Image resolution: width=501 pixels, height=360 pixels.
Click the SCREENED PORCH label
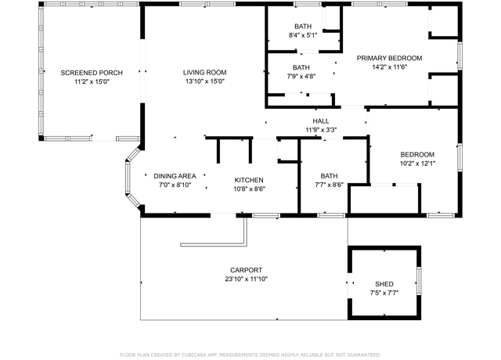click(x=92, y=73)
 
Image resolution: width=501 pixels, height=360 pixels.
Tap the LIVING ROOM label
click(x=205, y=73)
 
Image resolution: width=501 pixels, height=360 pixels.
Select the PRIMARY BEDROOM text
click(x=390, y=58)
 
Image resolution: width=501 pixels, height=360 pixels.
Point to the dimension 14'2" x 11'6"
click(x=390, y=67)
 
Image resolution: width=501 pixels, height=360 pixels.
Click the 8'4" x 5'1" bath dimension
click(x=303, y=35)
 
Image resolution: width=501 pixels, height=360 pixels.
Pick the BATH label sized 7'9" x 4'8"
click(x=301, y=67)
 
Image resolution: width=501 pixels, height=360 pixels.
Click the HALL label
click(x=321, y=121)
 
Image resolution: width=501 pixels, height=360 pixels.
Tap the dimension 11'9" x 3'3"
click(x=321, y=130)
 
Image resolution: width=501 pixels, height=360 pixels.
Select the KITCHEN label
click(x=249, y=180)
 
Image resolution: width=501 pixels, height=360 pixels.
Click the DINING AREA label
click(x=175, y=176)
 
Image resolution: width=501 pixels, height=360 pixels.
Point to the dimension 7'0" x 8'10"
click(x=175, y=185)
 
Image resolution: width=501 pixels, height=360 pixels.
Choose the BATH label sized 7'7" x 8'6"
click(x=329, y=176)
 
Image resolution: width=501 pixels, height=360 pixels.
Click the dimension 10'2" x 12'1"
click(x=417, y=164)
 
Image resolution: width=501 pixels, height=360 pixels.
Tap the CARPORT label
click(x=246, y=270)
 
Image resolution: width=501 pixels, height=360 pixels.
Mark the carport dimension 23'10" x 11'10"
click(x=246, y=279)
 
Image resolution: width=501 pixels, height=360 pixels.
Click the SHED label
click(x=384, y=284)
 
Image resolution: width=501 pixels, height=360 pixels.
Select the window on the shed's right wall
click(x=419, y=281)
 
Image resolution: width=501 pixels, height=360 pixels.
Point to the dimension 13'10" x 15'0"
click(x=205, y=81)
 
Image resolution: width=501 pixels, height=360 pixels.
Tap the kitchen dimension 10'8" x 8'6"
click(x=249, y=189)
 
